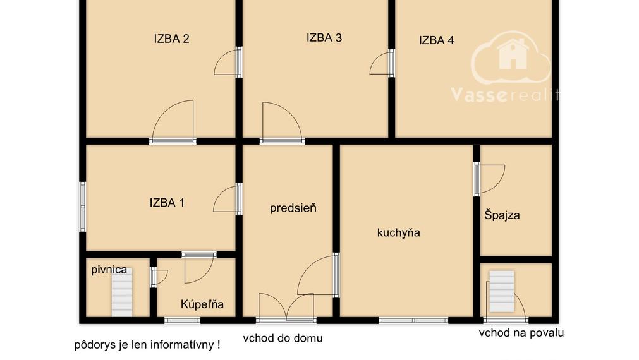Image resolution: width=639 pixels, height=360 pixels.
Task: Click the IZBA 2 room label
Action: point(171,39)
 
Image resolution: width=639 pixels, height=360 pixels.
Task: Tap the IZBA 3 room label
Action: point(324,38)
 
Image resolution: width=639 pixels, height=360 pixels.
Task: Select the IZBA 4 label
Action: point(437,40)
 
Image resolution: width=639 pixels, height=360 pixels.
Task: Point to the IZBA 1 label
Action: point(167,203)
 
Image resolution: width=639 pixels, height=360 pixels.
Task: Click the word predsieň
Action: point(293,208)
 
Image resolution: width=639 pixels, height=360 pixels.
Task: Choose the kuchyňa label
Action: point(399,232)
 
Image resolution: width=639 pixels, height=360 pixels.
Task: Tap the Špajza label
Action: point(502,215)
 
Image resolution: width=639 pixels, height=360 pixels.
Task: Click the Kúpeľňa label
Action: point(202,304)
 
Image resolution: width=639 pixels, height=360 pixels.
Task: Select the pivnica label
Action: point(109,270)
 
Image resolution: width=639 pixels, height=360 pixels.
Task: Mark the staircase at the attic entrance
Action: point(502,291)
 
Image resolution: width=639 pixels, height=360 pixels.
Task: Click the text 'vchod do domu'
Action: point(283,338)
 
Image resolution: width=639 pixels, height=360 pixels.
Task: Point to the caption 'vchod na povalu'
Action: point(521,333)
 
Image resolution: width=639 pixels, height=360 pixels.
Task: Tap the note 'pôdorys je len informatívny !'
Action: point(147,345)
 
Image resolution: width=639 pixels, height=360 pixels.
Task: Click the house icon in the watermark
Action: point(513,54)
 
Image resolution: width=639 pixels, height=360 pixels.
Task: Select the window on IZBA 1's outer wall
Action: point(83,207)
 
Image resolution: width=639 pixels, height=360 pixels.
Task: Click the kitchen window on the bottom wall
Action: point(413,320)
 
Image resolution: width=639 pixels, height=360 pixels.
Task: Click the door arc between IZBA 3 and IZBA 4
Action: point(379,63)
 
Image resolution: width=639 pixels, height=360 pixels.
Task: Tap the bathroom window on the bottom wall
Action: point(183,320)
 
